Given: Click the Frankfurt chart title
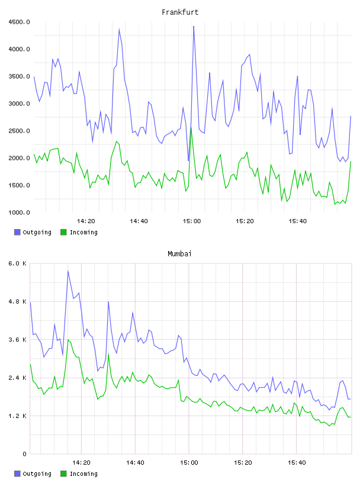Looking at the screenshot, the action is click(x=180, y=12).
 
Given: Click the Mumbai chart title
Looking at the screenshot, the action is click(x=179, y=254).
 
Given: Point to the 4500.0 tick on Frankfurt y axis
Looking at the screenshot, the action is click(x=19, y=22).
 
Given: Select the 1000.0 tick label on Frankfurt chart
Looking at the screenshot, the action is click(x=19, y=212).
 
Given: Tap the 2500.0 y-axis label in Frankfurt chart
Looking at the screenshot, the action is click(x=19, y=131).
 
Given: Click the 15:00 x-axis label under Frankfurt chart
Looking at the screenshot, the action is click(x=192, y=221).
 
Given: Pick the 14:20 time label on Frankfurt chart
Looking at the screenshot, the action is click(x=86, y=221).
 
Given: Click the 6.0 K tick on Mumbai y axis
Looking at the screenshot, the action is click(x=18, y=263).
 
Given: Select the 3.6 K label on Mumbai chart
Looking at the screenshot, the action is click(x=18, y=340).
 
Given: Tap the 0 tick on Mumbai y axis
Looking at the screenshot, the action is click(x=24, y=454).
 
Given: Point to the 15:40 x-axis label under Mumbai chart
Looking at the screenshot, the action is click(x=297, y=463).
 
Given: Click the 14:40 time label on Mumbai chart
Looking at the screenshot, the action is click(x=136, y=463).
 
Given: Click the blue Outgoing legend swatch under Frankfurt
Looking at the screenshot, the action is click(x=17, y=232).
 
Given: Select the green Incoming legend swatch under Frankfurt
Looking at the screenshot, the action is click(x=63, y=232).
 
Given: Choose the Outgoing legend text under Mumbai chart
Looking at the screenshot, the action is click(x=37, y=474).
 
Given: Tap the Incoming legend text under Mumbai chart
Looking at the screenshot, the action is click(x=83, y=474).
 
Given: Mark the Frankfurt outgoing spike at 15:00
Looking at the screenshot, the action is click(x=194, y=27).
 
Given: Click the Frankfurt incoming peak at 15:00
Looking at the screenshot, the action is click(x=191, y=128).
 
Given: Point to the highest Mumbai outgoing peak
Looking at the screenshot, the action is click(x=68, y=271).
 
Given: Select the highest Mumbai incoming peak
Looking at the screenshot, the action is click(x=68, y=340).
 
